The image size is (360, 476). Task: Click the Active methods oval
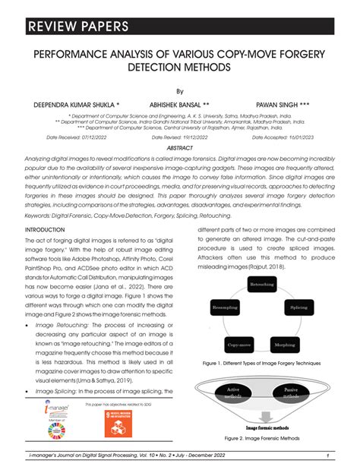click(x=233, y=393)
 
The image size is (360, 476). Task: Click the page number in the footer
click(x=326, y=456)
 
